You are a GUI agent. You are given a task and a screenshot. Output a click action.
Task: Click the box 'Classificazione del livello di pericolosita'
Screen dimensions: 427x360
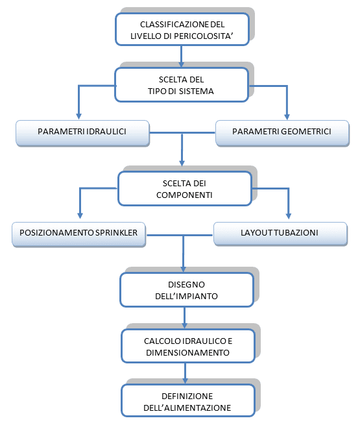pos(182,29)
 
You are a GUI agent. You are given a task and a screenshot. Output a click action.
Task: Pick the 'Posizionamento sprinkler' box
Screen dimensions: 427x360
pos(78,233)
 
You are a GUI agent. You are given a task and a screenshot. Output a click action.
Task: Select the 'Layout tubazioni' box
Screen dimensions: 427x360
pos(280,233)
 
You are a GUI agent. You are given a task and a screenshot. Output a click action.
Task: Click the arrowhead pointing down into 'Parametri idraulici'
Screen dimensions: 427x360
pos(78,116)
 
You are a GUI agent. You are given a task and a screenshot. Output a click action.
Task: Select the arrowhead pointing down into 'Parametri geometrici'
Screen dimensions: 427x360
pos(285,116)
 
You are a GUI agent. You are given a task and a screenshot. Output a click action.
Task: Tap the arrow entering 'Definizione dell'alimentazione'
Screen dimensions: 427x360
pos(186,374)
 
